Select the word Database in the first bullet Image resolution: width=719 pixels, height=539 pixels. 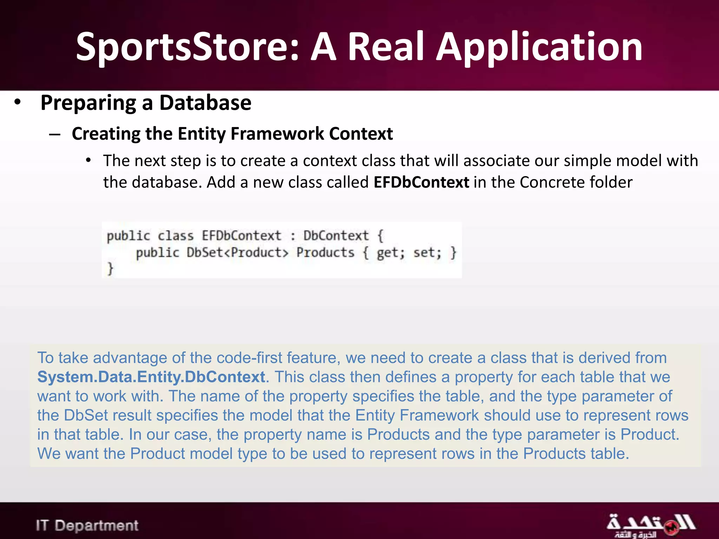pos(205,103)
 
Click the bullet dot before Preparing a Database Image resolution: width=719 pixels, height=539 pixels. pos(18,102)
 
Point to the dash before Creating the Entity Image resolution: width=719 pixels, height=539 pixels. pos(55,134)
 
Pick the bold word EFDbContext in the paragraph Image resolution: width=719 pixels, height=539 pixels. pos(421,182)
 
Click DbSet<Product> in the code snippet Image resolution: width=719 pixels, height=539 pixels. pos(237,253)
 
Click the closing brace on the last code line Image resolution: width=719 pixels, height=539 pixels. pos(110,268)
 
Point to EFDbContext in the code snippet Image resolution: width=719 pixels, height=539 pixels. pos(241,235)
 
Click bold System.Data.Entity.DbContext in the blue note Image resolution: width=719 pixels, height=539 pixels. pos(151,377)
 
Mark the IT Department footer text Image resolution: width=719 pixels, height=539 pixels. pos(87,525)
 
